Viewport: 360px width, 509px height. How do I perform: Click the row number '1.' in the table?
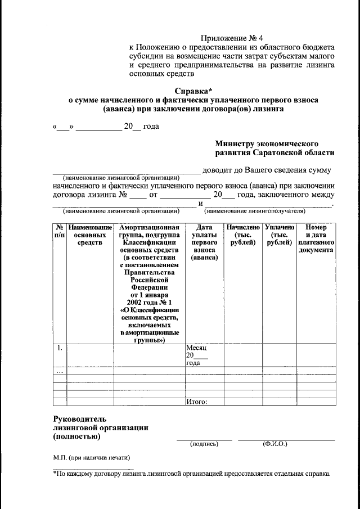pos(58,348)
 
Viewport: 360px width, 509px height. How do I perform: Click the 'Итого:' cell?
pos(197,402)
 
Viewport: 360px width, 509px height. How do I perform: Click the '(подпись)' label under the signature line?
pos(204,444)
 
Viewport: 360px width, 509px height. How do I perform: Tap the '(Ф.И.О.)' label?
pos(275,444)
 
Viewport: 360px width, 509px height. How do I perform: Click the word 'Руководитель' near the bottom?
pos(79,419)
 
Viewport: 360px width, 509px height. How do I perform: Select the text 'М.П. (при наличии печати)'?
pos(88,457)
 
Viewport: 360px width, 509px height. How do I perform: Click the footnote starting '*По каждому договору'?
pos(191,474)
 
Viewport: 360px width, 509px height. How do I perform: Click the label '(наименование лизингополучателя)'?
pos(255,211)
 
